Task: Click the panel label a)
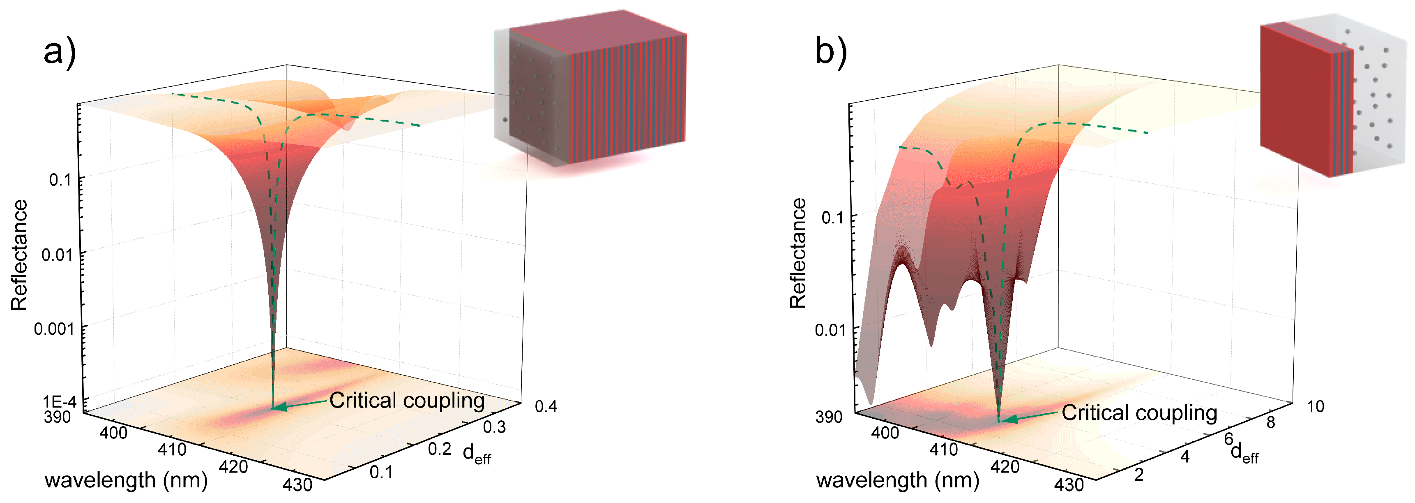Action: pos(59,52)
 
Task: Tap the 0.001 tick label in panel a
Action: pos(53,329)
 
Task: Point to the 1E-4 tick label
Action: pos(59,401)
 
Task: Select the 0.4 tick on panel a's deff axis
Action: pos(546,406)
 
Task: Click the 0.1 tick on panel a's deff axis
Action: pos(381,472)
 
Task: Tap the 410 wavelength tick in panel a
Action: pos(172,449)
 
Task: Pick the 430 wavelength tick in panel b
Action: pos(1068,484)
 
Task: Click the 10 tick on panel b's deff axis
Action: pos(1315,406)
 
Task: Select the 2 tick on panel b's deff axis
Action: pos(1139,474)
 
